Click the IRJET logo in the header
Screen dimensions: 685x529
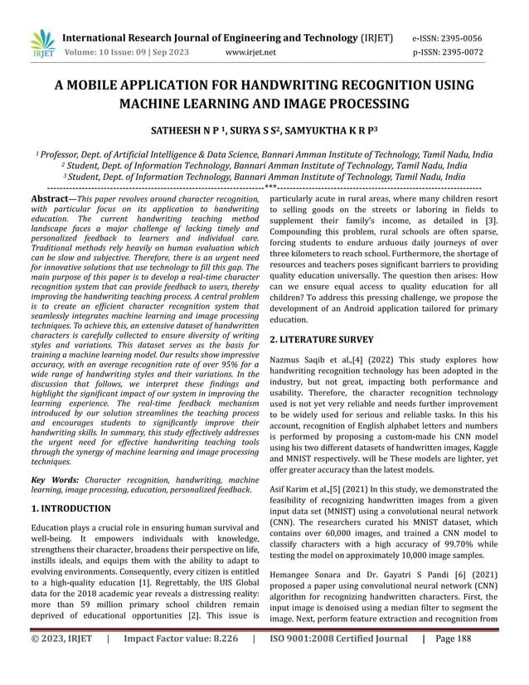click(x=41, y=44)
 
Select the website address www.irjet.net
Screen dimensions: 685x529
click(x=251, y=51)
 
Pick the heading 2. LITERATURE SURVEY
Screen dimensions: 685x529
click(x=322, y=339)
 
